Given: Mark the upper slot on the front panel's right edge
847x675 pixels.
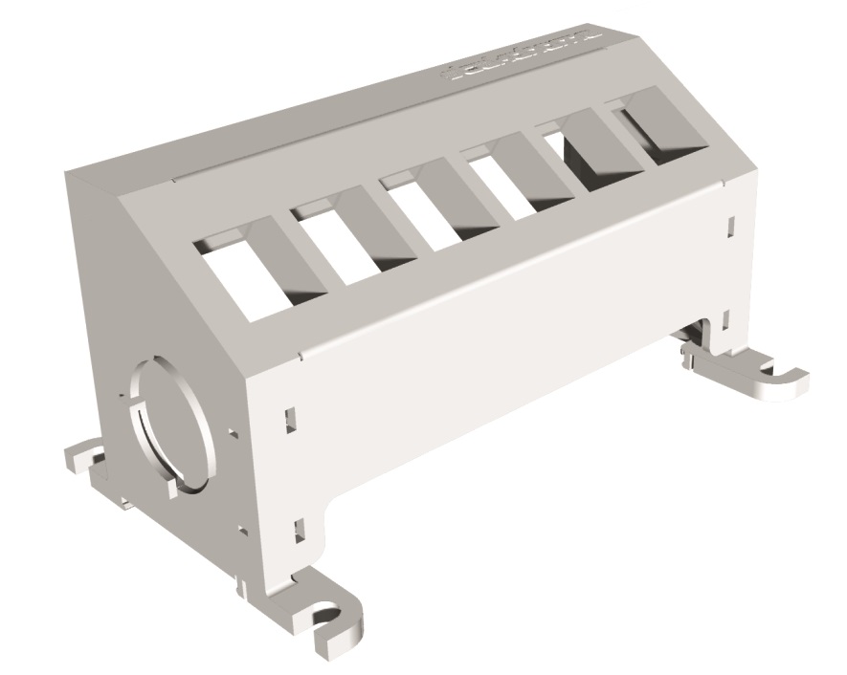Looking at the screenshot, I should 730,226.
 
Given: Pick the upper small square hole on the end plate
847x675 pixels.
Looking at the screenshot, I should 233,433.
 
